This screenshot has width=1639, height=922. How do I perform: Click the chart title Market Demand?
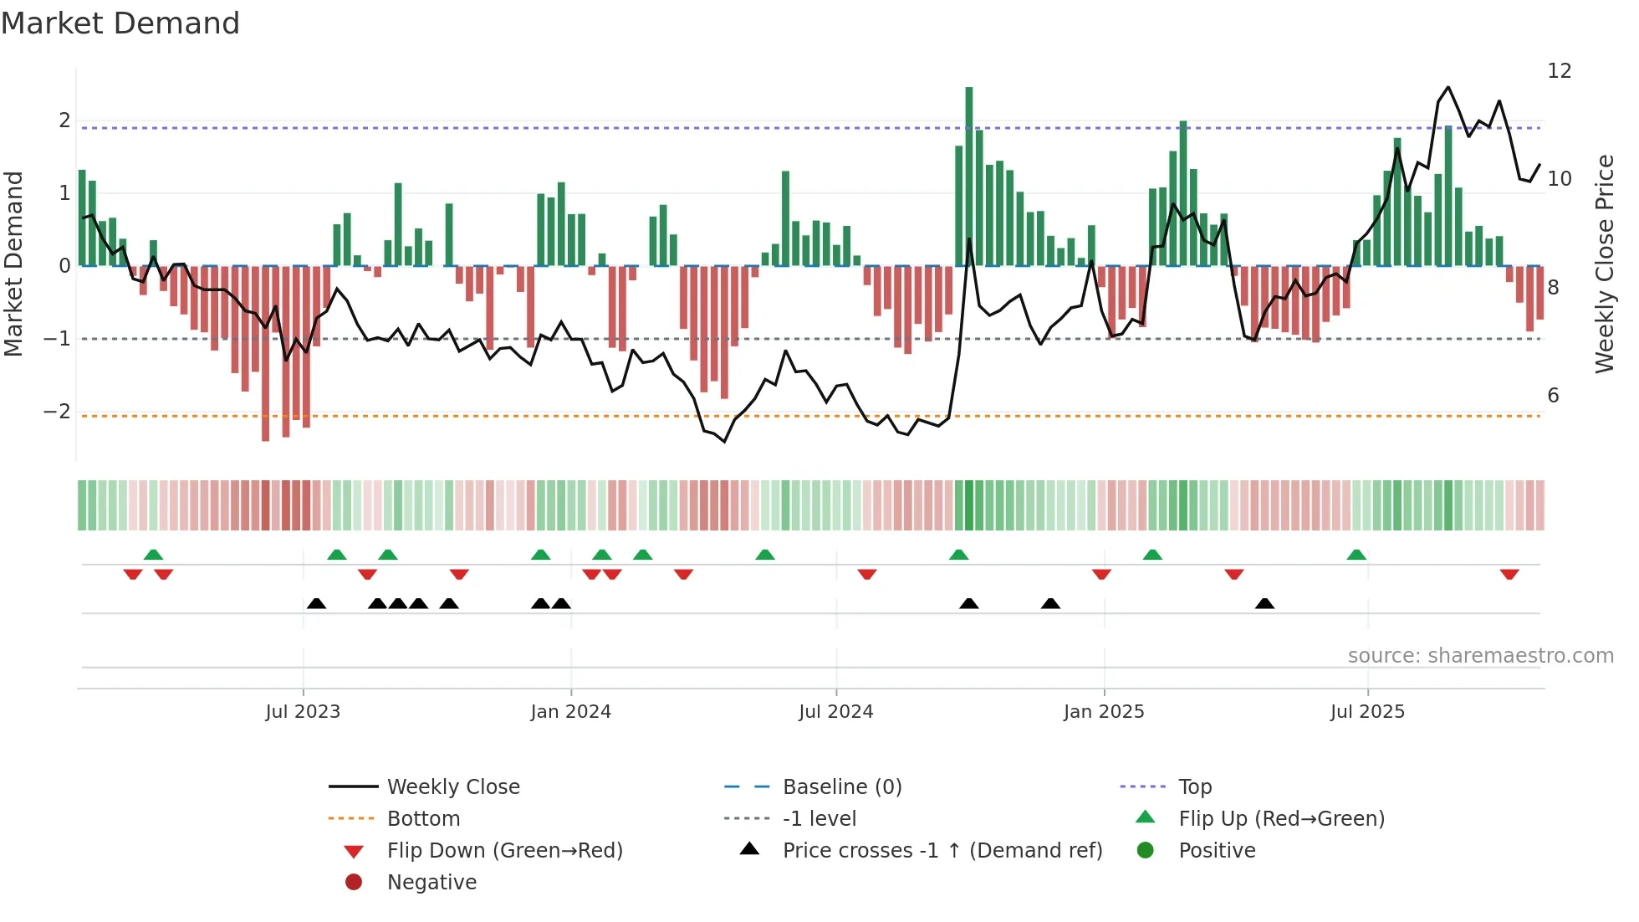120,23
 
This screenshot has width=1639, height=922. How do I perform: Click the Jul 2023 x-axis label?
303,712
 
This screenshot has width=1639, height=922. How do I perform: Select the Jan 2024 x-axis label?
570,712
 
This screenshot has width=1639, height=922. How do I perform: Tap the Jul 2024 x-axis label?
835,712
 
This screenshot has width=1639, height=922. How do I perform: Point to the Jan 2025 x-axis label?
1104,712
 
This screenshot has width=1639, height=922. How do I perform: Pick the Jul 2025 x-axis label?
1367,712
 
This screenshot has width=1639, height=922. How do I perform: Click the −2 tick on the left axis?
57,412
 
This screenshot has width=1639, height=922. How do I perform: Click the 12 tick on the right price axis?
1559,71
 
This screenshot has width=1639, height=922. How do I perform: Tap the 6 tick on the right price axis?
1553,396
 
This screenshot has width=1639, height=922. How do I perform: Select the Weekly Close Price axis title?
1604,264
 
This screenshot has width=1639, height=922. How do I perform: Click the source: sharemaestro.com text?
1480,656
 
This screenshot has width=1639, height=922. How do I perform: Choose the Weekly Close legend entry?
452,787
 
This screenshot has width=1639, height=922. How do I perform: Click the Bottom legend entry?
423,819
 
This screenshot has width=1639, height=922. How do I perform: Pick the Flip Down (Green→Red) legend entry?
504,851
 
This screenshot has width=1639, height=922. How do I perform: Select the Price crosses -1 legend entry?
942,851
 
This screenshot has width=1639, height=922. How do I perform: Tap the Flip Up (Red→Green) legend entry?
1281,819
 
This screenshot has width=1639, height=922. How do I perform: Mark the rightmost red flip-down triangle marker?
1509,575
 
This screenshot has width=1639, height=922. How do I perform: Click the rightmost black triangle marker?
1264,603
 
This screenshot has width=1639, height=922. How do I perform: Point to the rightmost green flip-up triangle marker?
1356,555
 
